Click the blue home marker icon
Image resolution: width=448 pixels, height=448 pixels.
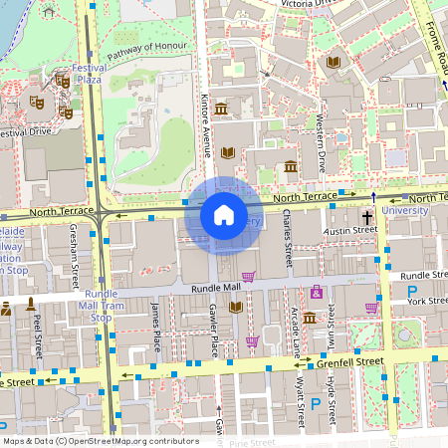click(223, 214)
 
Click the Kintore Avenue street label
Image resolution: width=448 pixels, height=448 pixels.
click(207, 127)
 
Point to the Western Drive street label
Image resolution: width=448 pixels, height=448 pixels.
click(320, 139)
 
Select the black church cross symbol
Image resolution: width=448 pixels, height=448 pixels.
click(366, 216)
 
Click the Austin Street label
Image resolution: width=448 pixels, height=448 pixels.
click(351, 231)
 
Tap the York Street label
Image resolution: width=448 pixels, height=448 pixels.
click(427, 300)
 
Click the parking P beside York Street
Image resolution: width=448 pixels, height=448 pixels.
click(412, 293)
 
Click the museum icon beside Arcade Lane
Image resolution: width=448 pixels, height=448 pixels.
click(309, 319)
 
